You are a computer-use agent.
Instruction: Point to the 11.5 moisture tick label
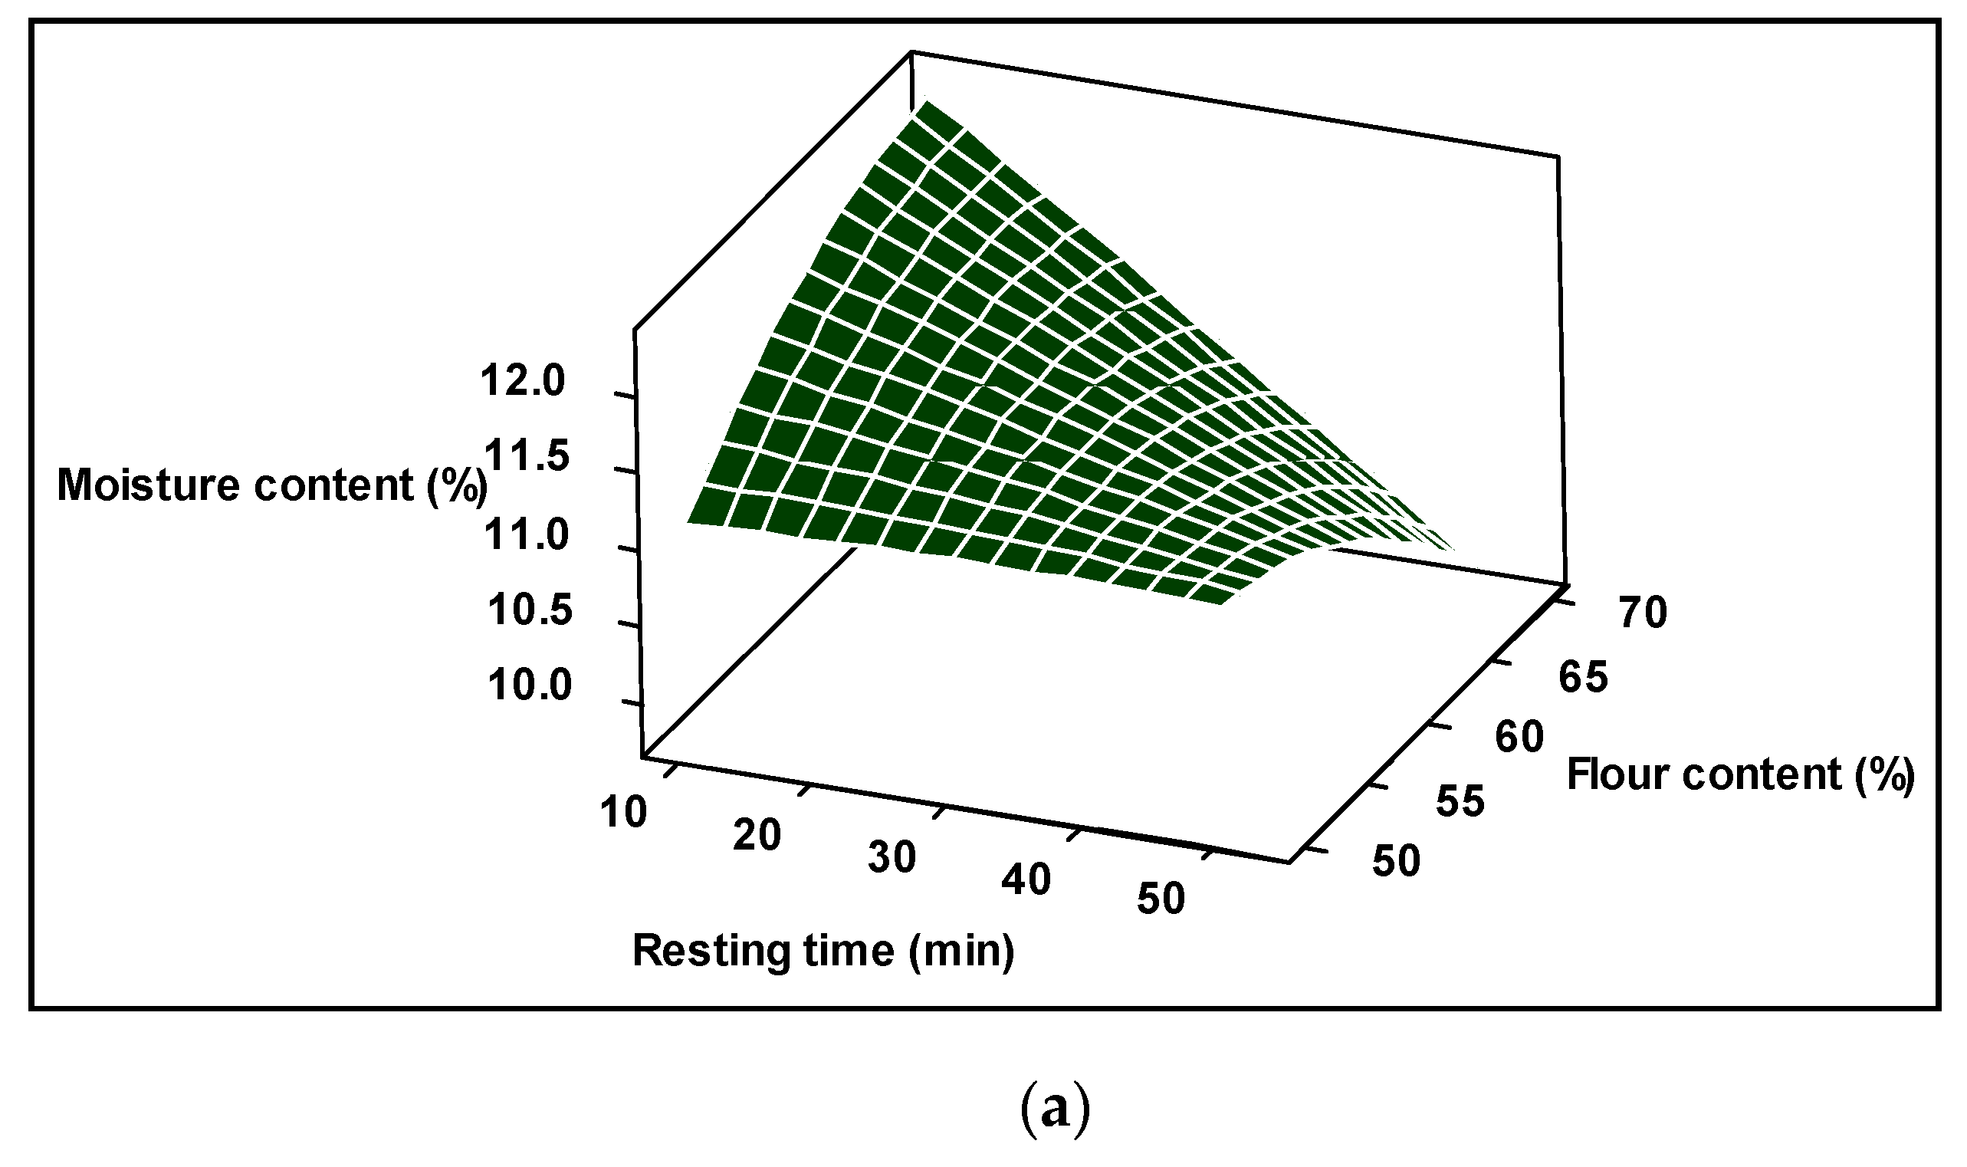526,457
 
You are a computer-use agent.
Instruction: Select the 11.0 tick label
526,536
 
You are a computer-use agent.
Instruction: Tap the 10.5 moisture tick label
529,611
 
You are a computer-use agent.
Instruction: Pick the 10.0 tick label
529,686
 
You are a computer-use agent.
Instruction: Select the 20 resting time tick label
757,835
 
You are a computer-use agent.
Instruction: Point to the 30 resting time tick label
892,857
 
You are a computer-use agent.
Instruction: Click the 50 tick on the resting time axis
1161,899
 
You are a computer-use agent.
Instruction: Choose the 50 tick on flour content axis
1397,861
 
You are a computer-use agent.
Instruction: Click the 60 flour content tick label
1519,738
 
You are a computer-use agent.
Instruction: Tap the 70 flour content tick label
1644,613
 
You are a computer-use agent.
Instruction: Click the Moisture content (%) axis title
271,485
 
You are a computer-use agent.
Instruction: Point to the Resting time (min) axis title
823,951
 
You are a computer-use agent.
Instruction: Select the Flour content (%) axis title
1740,774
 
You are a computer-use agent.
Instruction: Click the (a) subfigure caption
1056,1110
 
